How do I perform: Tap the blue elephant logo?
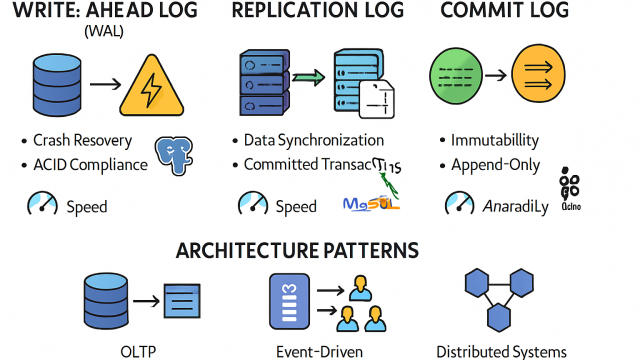(173, 155)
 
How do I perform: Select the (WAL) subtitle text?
(104, 31)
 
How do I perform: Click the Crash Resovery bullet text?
(82, 140)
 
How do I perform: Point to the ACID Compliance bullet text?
(90, 165)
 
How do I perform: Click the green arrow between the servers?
(308, 78)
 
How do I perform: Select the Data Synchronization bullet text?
(313, 140)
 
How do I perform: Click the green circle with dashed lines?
(456, 75)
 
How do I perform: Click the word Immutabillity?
(494, 140)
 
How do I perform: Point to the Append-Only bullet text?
(495, 165)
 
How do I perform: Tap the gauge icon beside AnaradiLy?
(459, 203)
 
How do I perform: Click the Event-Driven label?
(319, 351)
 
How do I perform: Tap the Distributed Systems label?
(501, 351)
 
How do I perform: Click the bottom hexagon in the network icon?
(498, 317)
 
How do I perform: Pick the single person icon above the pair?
(360, 288)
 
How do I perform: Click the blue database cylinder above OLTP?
(105, 301)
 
